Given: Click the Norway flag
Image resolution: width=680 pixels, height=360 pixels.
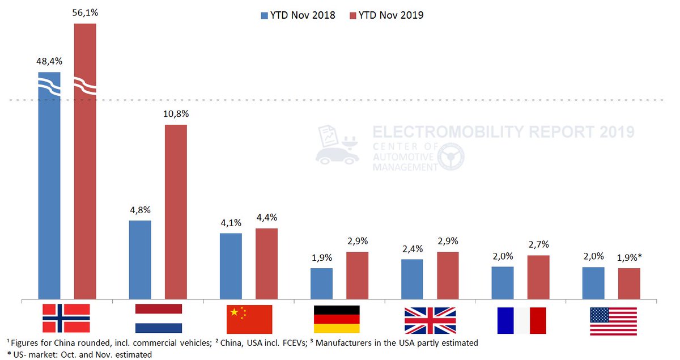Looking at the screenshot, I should click(x=66, y=318).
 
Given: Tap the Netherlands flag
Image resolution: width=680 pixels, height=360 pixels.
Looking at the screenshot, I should click(x=158, y=318).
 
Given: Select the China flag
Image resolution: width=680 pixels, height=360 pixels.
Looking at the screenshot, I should click(x=249, y=319).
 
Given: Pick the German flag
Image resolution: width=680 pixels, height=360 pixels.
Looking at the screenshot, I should click(x=337, y=319).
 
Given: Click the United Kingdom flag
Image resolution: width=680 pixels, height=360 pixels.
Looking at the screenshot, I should click(x=430, y=320).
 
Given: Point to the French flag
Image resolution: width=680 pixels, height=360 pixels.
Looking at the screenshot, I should click(x=521, y=320).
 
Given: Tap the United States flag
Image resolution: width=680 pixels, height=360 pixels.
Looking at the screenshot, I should click(x=613, y=321).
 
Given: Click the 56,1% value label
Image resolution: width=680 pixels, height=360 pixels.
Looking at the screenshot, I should click(x=85, y=12).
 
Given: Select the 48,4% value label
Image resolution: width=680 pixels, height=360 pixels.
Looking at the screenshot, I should click(x=49, y=61).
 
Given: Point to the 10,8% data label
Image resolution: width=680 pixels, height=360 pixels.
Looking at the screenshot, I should click(x=176, y=114).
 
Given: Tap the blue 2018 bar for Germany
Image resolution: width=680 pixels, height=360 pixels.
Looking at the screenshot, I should click(x=321, y=283).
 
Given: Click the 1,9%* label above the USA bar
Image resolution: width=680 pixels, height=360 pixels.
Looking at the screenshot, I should click(x=630, y=257).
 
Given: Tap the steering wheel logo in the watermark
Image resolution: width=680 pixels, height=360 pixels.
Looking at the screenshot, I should click(x=450, y=156).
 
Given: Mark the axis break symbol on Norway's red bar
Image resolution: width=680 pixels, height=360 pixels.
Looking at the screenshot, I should click(x=85, y=87).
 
